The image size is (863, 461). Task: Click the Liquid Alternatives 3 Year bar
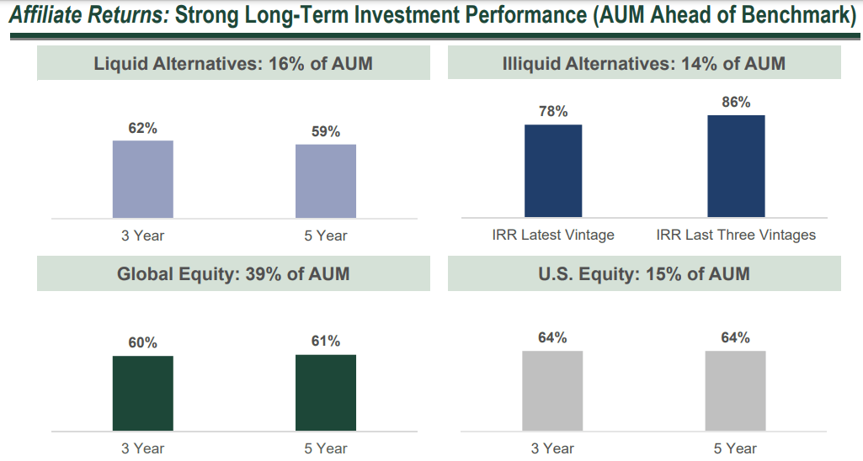coord(143,179)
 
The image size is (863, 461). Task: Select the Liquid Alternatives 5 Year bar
coord(326,181)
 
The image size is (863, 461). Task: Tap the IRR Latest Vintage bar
coord(553,171)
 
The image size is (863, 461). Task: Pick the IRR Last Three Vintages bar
coord(736,167)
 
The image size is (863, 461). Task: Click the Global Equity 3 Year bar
coord(143,394)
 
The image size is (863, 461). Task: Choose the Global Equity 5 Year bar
coord(326,393)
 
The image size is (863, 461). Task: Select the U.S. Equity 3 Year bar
coord(552,391)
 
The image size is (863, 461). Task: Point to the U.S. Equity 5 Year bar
coord(735,391)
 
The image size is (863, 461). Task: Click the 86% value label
coord(736,103)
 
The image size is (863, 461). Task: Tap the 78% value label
coord(553,112)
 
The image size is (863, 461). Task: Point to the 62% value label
coord(143,128)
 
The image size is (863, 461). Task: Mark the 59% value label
coord(326,132)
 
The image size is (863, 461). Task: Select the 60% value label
coord(143,343)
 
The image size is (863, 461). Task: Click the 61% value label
coord(326,342)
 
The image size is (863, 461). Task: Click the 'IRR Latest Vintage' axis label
coord(553,236)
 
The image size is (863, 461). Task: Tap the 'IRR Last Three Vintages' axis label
coord(736,236)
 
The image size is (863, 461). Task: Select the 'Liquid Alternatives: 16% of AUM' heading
coord(233,64)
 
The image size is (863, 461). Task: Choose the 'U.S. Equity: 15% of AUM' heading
coord(644,274)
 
